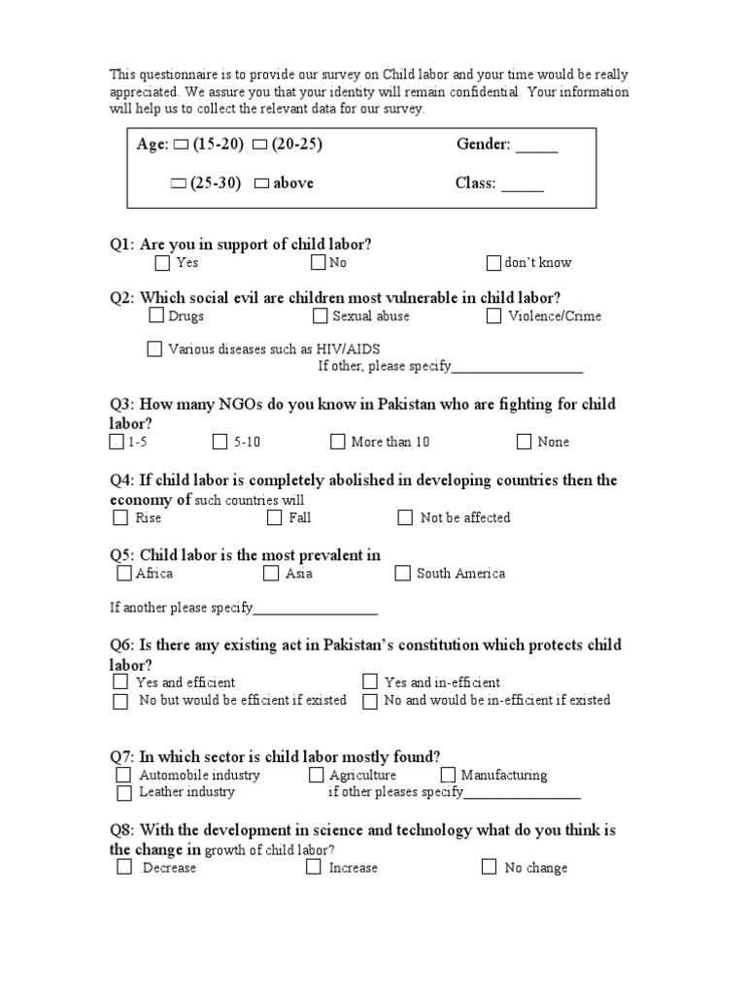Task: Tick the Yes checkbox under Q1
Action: (162, 262)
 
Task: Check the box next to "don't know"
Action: (493, 262)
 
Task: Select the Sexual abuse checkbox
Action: (321, 315)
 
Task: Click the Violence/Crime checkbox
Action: (495, 315)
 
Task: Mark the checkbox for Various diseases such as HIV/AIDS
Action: (154, 348)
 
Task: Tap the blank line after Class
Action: (523, 185)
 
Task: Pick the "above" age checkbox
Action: (260, 183)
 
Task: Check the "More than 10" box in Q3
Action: (337, 442)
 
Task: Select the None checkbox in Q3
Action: (524, 442)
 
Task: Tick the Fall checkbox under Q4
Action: (274, 517)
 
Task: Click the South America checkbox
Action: (402, 573)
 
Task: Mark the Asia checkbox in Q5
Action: (271, 573)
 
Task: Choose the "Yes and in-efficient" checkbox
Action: (370, 681)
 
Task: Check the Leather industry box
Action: (123, 792)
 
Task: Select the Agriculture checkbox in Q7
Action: (317, 775)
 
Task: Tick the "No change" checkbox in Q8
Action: (490, 867)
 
